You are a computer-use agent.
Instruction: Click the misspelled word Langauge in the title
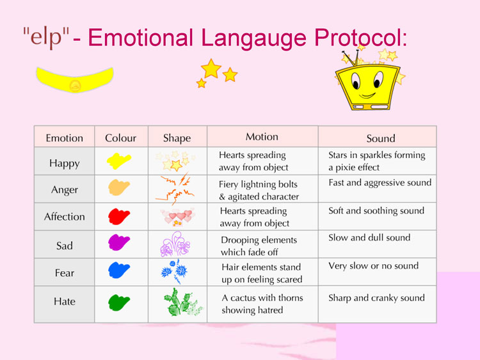[254, 38]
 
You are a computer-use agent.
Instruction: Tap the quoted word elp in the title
[46, 37]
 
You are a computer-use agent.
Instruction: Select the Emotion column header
[64, 138]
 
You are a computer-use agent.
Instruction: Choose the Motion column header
[262, 137]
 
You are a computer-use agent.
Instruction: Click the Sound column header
[381, 139]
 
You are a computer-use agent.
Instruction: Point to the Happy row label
[64, 163]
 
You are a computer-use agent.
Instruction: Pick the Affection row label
[64, 217]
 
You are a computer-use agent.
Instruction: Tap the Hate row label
[64, 301]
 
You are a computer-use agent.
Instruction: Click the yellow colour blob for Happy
[119, 161]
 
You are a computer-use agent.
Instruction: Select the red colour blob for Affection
[119, 216]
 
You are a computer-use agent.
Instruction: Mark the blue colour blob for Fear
[119, 270]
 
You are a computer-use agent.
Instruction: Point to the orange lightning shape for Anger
[175, 189]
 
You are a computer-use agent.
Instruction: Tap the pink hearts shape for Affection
[177, 217]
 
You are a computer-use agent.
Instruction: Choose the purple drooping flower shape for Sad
[175, 244]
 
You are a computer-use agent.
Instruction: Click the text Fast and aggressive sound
[380, 183]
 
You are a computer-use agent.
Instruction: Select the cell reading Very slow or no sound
[374, 266]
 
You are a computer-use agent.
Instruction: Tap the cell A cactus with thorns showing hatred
[262, 304]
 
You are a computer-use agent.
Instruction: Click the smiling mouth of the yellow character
[367, 96]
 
